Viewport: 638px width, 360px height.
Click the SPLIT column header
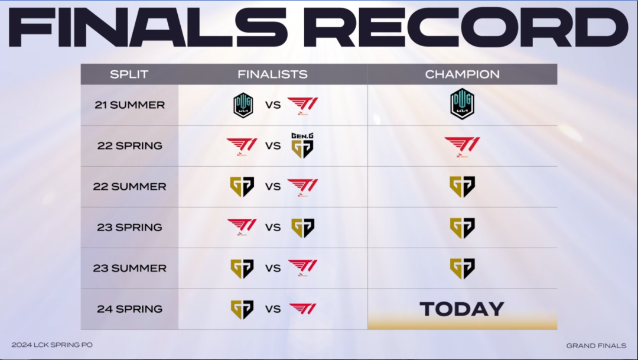tap(129, 74)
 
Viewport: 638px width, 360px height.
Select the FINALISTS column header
tap(272, 74)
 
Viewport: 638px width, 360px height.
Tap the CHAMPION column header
tap(462, 74)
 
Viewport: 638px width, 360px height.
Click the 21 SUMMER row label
tap(130, 105)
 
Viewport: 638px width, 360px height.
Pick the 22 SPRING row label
tap(130, 146)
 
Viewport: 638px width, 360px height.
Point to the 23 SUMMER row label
tap(130, 268)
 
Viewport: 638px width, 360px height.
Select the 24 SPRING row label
tap(130, 309)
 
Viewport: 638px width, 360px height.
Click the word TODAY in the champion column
tap(462, 309)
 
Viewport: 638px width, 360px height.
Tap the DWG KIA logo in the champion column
tap(462, 104)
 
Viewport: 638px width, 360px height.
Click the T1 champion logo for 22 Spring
tap(462, 147)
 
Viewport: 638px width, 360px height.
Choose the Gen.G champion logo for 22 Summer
tap(462, 187)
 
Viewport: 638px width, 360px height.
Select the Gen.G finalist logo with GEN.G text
tap(302, 146)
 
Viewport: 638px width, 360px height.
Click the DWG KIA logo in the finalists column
tap(243, 105)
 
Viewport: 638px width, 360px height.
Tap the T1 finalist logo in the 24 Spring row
tap(302, 309)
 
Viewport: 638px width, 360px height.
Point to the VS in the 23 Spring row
tap(273, 227)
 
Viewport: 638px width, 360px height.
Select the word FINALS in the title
tap(148, 27)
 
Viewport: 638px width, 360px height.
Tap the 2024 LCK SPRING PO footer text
tap(52, 345)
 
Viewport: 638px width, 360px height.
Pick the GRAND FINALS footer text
tap(596, 346)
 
